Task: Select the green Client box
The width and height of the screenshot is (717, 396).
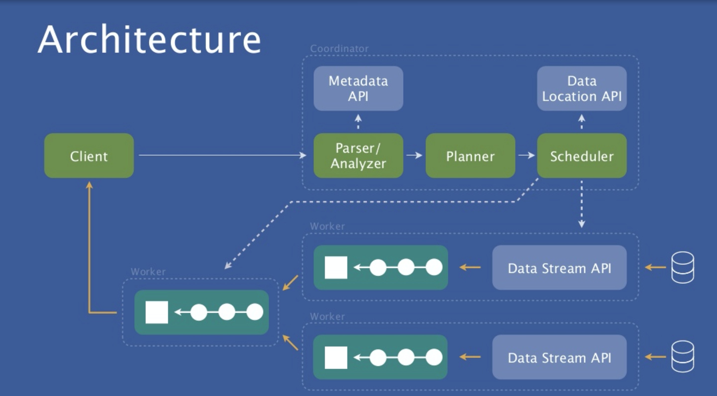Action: [x=89, y=156]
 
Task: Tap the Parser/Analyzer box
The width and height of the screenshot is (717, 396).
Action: [x=358, y=156]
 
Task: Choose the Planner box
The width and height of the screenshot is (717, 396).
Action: [x=470, y=156]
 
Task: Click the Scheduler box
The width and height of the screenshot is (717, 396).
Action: [x=582, y=156]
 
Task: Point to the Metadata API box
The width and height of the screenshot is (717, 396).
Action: [x=358, y=89]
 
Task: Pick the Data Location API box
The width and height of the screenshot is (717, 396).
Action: [x=582, y=89]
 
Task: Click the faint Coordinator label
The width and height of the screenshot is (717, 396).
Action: [x=339, y=49]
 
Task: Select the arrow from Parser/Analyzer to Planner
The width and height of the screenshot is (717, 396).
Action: [x=415, y=155]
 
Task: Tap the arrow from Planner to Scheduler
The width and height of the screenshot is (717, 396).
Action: [x=526, y=155]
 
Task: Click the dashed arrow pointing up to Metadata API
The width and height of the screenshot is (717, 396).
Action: [x=358, y=122]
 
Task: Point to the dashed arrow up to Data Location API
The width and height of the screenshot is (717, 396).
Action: [x=582, y=122]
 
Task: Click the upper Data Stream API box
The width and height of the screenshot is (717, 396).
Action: [x=559, y=267]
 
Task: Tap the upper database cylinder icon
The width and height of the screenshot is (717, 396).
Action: [x=682, y=267]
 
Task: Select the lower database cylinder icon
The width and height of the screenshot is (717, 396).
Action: [x=682, y=356]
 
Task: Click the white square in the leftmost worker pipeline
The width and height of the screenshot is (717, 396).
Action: [x=157, y=312]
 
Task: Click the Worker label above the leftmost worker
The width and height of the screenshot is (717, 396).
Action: [x=148, y=272]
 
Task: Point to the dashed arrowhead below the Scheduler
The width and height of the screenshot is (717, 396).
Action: [x=582, y=224]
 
